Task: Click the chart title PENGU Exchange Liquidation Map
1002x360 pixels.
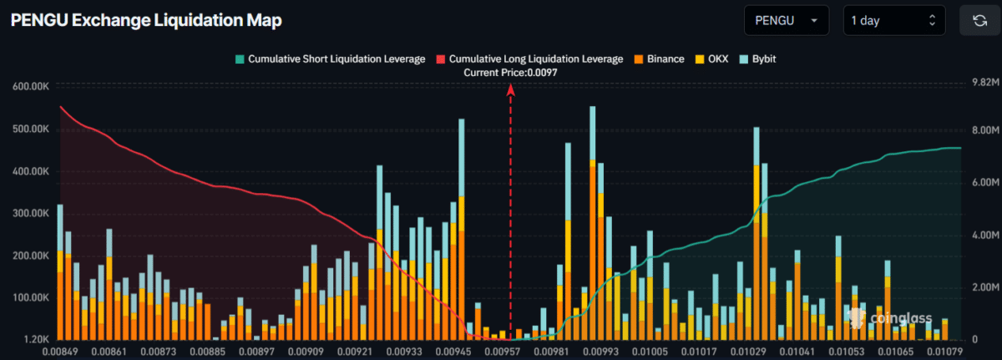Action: pyautogui.click(x=146, y=20)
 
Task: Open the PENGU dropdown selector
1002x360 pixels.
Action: pyautogui.click(x=786, y=20)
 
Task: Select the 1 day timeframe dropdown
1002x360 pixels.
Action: pyautogui.click(x=893, y=20)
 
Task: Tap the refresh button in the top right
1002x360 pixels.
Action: pyautogui.click(x=979, y=20)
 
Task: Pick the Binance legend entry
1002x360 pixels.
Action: pyautogui.click(x=659, y=59)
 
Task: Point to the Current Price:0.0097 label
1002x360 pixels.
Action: pyautogui.click(x=510, y=73)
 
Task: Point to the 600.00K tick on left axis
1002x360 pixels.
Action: pyautogui.click(x=30, y=87)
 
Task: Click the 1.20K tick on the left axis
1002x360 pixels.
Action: pyautogui.click(x=35, y=340)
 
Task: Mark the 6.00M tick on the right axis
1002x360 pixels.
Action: pyautogui.click(x=979, y=182)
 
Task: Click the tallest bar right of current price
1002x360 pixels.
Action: pyautogui.click(x=593, y=226)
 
